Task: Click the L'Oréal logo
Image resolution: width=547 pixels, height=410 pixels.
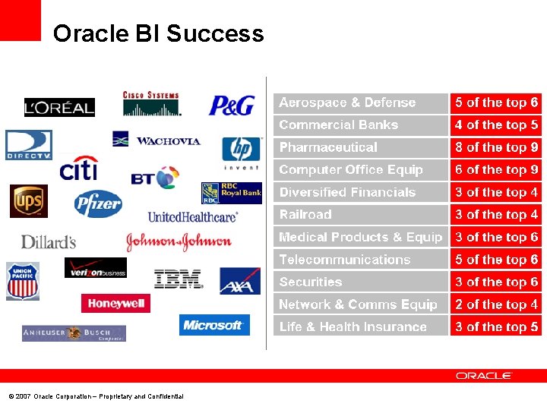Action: point(59,108)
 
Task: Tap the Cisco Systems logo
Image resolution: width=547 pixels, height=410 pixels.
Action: point(152,104)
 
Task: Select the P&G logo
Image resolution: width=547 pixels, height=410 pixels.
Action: point(232,106)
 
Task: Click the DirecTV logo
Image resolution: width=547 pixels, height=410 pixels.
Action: point(29,144)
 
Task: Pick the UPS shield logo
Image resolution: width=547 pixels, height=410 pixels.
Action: point(29,201)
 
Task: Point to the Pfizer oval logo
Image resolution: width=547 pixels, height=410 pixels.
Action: point(98,203)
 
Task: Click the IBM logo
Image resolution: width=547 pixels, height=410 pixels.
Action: point(179,279)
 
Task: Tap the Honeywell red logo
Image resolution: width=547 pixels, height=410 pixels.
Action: point(115,303)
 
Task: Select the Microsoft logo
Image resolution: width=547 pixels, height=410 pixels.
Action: point(214,325)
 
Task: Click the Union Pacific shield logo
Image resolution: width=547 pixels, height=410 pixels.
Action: point(23,282)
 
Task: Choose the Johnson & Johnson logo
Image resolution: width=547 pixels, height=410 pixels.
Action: point(179,241)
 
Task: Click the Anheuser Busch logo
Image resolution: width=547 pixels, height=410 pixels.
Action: point(74,333)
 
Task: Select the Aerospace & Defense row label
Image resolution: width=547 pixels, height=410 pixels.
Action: point(347,102)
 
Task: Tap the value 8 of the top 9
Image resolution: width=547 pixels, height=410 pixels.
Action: point(496,147)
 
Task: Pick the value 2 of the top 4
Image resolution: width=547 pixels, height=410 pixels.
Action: point(496,304)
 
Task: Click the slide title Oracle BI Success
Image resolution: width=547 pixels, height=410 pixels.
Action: point(159,33)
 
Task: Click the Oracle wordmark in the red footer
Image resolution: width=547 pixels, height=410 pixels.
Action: point(484,376)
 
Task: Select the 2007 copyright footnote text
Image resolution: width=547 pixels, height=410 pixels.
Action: point(96,396)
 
